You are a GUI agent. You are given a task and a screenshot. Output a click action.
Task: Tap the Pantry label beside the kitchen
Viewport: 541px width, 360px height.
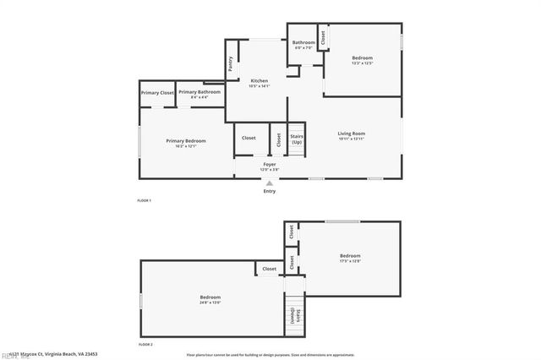click(231, 64)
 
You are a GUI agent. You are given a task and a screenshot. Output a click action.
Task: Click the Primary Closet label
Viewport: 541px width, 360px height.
click(157, 92)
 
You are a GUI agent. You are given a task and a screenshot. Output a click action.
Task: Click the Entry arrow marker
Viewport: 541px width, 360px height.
click(270, 183)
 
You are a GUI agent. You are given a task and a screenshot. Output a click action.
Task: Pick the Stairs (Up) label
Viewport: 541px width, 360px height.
click(297, 139)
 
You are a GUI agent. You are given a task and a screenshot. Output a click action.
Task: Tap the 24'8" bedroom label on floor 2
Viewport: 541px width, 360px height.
click(210, 299)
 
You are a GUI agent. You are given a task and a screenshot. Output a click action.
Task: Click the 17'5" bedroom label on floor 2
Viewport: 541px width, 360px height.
click(350, 258)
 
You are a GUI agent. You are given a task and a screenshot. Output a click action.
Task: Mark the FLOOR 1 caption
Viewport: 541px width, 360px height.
click(145, 200)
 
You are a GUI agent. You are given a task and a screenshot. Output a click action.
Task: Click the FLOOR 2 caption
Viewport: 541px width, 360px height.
click(145, 345)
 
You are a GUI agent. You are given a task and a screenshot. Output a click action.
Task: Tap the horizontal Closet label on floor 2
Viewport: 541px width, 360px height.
click(269, 269)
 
